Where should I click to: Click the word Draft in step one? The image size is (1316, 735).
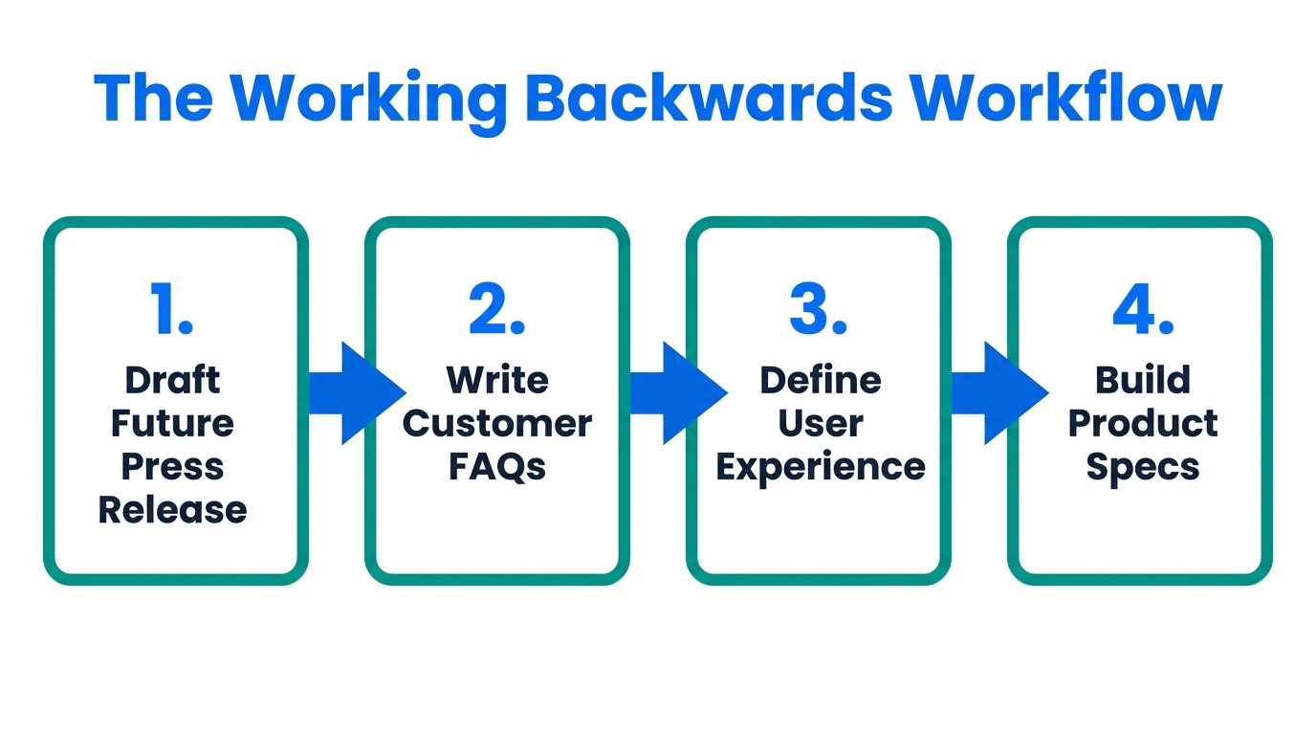(x=172, y=380)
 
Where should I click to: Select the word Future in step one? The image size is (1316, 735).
(x=172, y=423)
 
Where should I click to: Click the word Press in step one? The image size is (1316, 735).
(x=172, y=467)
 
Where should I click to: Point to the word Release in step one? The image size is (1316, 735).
(x=172, y=509)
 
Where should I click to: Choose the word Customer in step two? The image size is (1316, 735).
(x=496, y=423)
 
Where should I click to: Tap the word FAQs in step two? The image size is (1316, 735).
(x=496, y=467)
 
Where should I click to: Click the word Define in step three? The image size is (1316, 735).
(x=820, y=380)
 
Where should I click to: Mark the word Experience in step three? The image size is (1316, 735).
(x=820, y=467)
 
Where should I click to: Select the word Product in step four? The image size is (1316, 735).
(x=1143, y=423)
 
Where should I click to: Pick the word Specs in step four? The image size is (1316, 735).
(x=1143, y=467)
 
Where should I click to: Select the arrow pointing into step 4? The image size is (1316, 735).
(x=998, y=393)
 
